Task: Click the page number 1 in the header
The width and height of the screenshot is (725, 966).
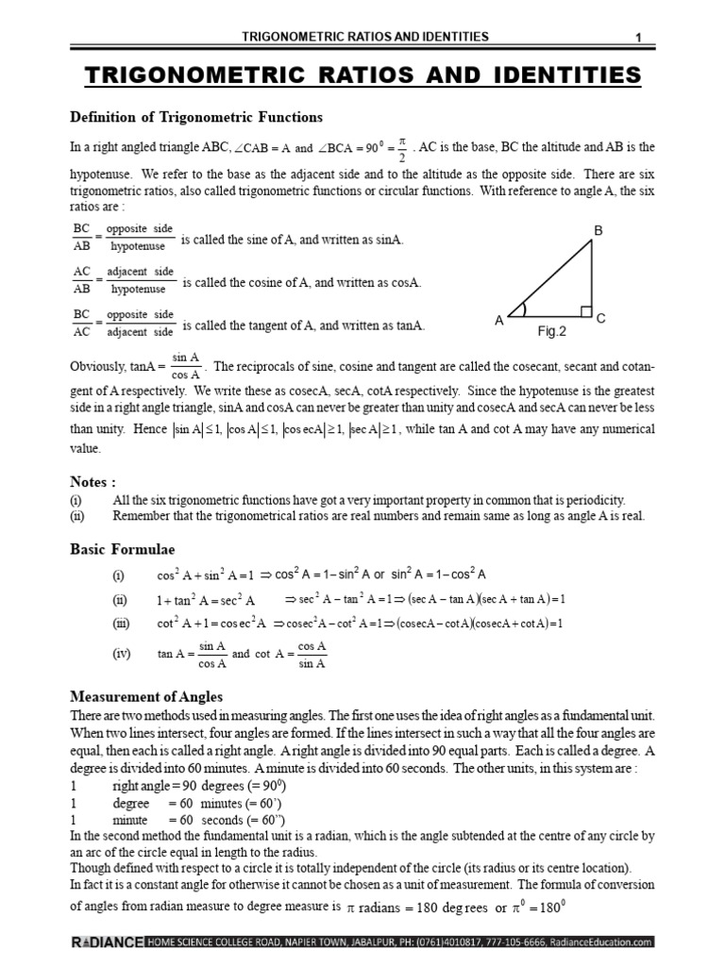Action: click(639, 37)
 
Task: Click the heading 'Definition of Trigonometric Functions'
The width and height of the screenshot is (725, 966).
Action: click(197, 117)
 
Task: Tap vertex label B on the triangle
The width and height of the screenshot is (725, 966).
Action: click(597, 231)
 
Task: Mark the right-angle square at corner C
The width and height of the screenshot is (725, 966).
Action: click(586, 311)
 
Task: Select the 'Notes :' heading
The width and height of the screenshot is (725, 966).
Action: click(93, 481)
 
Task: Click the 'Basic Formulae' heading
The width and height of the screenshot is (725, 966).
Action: click(123, 548)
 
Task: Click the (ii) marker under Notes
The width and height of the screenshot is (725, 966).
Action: click(77, 516)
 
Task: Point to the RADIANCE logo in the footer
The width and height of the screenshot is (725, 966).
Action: click(106, 941)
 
